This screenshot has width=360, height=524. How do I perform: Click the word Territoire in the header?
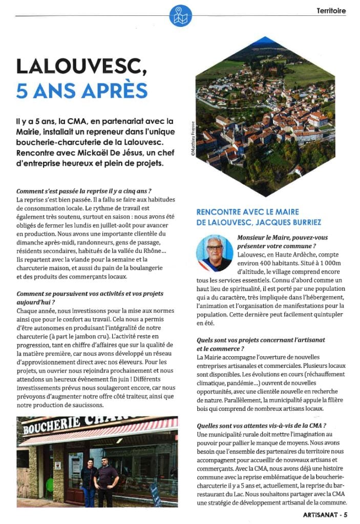click(331, 10)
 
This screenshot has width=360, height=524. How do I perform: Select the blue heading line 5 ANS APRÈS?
click(82, 90)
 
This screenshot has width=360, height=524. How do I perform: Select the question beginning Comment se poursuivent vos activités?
click(90, 294)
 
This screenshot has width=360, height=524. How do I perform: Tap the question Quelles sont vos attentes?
click(261, 426)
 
